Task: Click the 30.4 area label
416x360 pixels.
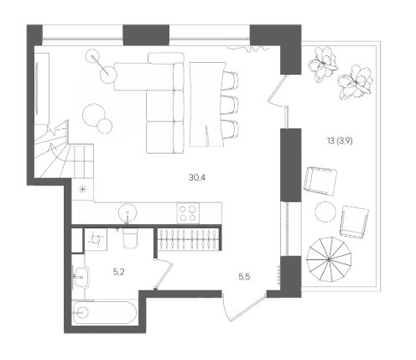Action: coord(197,177)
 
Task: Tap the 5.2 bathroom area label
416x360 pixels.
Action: coord(119,272)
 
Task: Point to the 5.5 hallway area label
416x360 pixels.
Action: coord(244,277)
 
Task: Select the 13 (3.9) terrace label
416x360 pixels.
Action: coord(340,141)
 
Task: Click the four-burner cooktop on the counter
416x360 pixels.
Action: coord(188,213)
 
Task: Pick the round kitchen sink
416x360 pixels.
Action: coord(127,213)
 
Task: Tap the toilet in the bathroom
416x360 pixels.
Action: coord(130,237)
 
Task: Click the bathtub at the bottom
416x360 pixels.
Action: coord(104,312)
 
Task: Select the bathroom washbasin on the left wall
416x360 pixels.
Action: coord(81,277)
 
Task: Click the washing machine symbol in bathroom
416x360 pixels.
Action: coord(96,239)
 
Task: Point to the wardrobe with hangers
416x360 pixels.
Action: coord(188,238)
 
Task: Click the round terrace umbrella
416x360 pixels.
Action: coord(329,259)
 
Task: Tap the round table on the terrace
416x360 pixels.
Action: coord(325,212)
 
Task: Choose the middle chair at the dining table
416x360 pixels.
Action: coord(230,105)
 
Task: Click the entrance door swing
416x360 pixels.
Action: coord(242,307)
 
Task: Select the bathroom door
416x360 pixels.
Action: coord(164,274)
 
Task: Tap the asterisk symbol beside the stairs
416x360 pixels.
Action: coord(82,190)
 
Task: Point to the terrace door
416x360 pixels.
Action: coord(277,90)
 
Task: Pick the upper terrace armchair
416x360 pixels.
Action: coord(320,181)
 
